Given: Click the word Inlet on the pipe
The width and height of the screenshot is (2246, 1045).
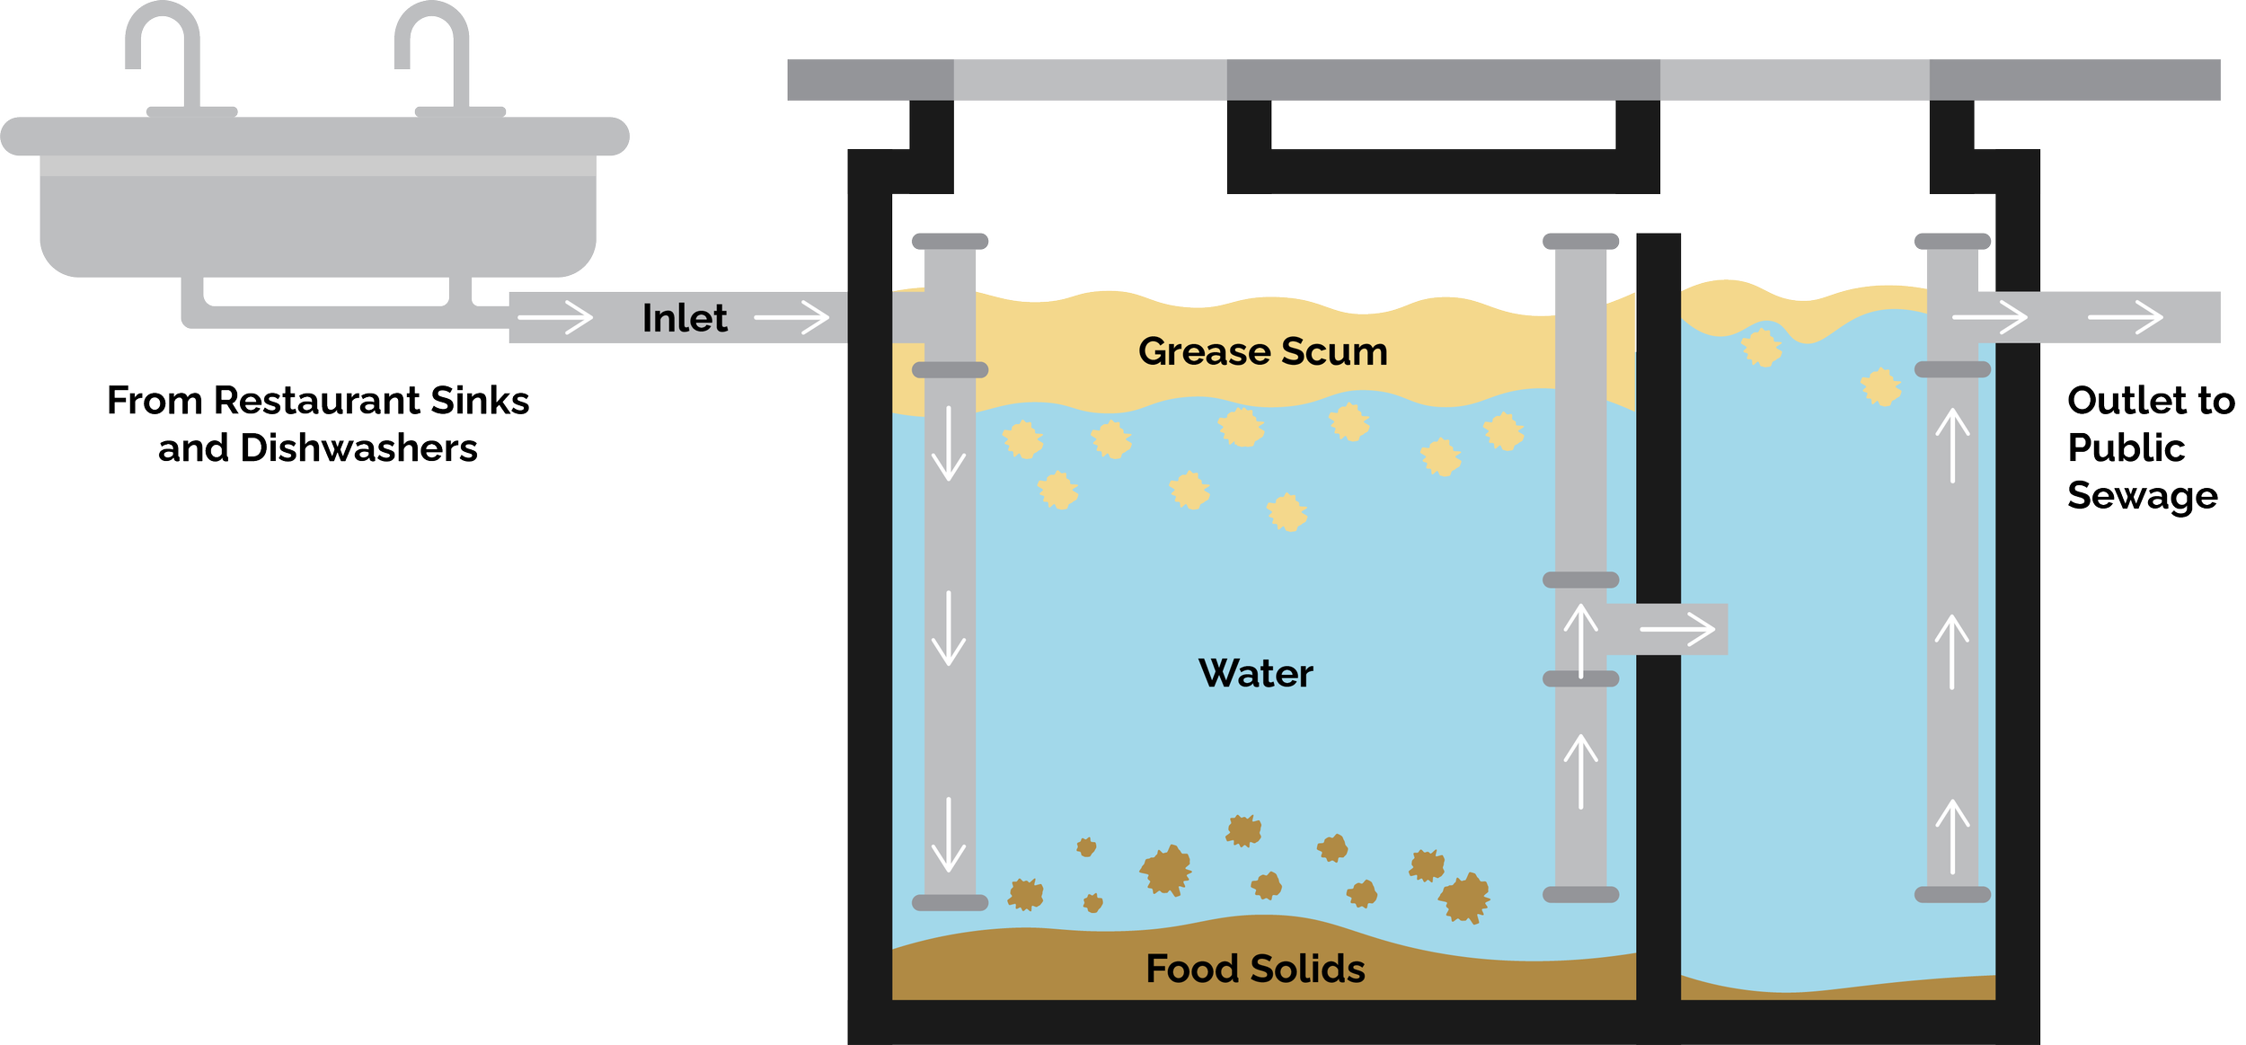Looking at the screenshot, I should [684, 318].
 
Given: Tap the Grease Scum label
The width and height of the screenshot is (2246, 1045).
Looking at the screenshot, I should [1262, 351].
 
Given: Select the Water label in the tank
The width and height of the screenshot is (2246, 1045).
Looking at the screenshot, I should [1255, 673].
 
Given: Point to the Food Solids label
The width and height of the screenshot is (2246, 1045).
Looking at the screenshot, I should [1255, 969].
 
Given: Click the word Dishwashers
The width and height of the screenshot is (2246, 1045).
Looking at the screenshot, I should [358, 447].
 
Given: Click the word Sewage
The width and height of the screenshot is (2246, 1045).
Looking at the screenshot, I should [2142, 495].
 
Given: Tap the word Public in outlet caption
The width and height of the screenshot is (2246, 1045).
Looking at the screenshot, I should [2126, 447].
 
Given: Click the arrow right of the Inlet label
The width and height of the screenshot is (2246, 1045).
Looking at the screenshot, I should [791, 317].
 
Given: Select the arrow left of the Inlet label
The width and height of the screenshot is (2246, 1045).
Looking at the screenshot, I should [555, 317].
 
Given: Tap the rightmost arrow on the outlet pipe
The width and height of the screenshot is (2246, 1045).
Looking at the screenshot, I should [2125, 317].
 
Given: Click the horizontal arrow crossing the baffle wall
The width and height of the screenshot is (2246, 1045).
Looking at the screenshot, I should [1676, 629].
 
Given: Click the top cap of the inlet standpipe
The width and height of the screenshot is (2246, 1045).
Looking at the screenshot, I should [950, 241].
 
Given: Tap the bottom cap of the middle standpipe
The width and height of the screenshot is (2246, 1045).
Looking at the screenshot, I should [1580, 894].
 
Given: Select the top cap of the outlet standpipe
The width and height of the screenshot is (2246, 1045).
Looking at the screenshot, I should [1952, 241].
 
